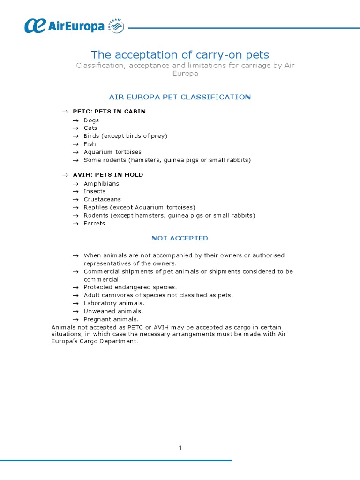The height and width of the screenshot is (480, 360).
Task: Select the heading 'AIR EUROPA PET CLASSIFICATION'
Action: point(180,97)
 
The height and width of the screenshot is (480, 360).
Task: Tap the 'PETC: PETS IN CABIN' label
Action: point(109,112)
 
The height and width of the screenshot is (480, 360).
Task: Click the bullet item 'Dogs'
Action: point(91,120)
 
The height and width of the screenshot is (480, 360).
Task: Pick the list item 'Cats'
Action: point(90,128)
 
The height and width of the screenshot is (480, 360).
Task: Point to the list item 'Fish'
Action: point(90,144)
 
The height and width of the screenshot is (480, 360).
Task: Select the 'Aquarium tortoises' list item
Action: point(112,152)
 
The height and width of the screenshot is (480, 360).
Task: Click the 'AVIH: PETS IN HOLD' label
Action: point(108,175)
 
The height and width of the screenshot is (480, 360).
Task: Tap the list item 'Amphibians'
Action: point(101,184)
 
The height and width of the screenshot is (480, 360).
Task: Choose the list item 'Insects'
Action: point(95,191)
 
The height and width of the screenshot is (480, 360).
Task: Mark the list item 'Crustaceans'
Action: point(102,199)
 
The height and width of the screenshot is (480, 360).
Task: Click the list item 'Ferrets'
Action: point(94,224)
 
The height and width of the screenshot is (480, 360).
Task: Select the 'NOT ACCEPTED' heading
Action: point(180,238)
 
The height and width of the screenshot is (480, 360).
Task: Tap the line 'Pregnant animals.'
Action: point(111,319)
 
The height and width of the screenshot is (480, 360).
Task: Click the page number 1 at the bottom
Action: point(180,448)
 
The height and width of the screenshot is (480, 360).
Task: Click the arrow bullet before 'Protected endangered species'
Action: point(75,287)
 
